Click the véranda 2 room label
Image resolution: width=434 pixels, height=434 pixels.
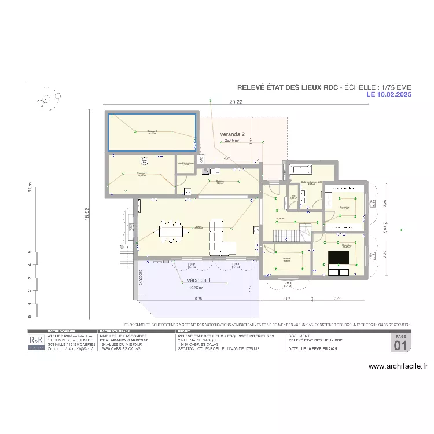click(232, 134)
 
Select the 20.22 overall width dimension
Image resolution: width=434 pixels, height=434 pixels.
click(236, 102)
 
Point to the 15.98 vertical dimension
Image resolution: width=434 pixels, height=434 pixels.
click(87, 214)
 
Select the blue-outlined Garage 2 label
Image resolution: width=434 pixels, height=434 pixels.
click(152, 132)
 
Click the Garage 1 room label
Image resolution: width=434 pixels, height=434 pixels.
click(142, 174)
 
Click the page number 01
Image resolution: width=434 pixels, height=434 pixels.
click(400, 345)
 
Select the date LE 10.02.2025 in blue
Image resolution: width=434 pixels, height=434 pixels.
click(388, 94)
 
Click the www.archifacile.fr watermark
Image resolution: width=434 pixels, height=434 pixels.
click(398, 366)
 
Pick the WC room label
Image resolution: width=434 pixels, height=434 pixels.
click(293, 197)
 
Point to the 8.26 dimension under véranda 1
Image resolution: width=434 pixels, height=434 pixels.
click(198, 299)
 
